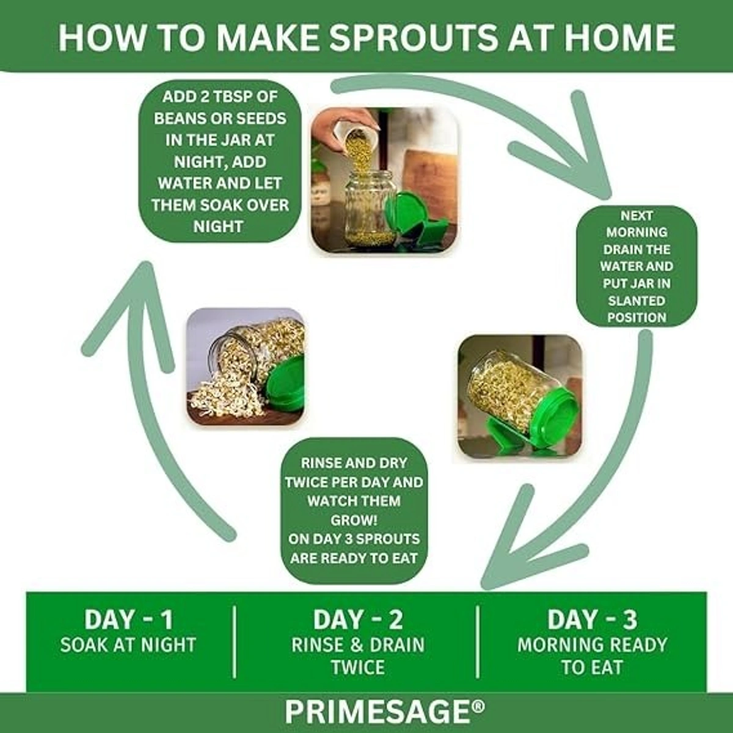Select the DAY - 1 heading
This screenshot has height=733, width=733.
[x=128, y=619]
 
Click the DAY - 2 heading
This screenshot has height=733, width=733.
[x=358, y=619]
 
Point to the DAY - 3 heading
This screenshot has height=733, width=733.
[x=593, y=619]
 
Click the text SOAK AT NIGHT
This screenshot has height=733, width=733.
[x=128, y=645]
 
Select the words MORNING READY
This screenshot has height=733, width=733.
[x=593, y=645]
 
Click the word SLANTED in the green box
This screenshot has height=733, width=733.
[x=636, y=301]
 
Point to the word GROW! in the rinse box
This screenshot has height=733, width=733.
[x=354, y=520]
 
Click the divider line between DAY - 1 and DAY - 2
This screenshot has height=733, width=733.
[x=235, y=642]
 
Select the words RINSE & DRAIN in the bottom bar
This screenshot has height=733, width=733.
[x=358, y=645]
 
